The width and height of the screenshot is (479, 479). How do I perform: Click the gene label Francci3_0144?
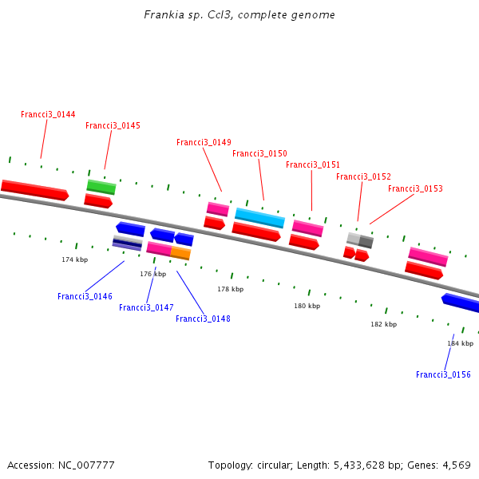point(48,115)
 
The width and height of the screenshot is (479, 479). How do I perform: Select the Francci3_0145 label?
point(113,126)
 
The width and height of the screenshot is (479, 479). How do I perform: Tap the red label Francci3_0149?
point(204,143)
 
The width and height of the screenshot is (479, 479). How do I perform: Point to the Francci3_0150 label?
point(259,154)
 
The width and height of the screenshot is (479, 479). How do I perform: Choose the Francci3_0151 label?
point(313,165)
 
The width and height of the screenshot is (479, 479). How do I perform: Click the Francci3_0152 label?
point(363,177)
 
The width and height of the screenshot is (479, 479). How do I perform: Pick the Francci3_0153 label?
point(415,189)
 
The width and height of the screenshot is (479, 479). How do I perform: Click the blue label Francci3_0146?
point(85,297)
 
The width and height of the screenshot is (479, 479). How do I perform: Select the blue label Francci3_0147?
point(146,308)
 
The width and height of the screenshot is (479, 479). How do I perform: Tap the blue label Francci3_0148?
point(203,319)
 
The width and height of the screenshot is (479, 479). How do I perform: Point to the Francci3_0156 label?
point(443,375)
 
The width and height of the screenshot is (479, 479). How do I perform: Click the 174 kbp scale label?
point(75,260)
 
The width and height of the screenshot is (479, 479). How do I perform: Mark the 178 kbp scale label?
point(231,290)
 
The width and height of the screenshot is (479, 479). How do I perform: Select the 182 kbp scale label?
point(383,325)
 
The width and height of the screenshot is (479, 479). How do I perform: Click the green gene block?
point(101,187)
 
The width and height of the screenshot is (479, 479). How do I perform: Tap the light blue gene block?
point(259,218)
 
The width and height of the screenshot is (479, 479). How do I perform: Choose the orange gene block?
point(180,254)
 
